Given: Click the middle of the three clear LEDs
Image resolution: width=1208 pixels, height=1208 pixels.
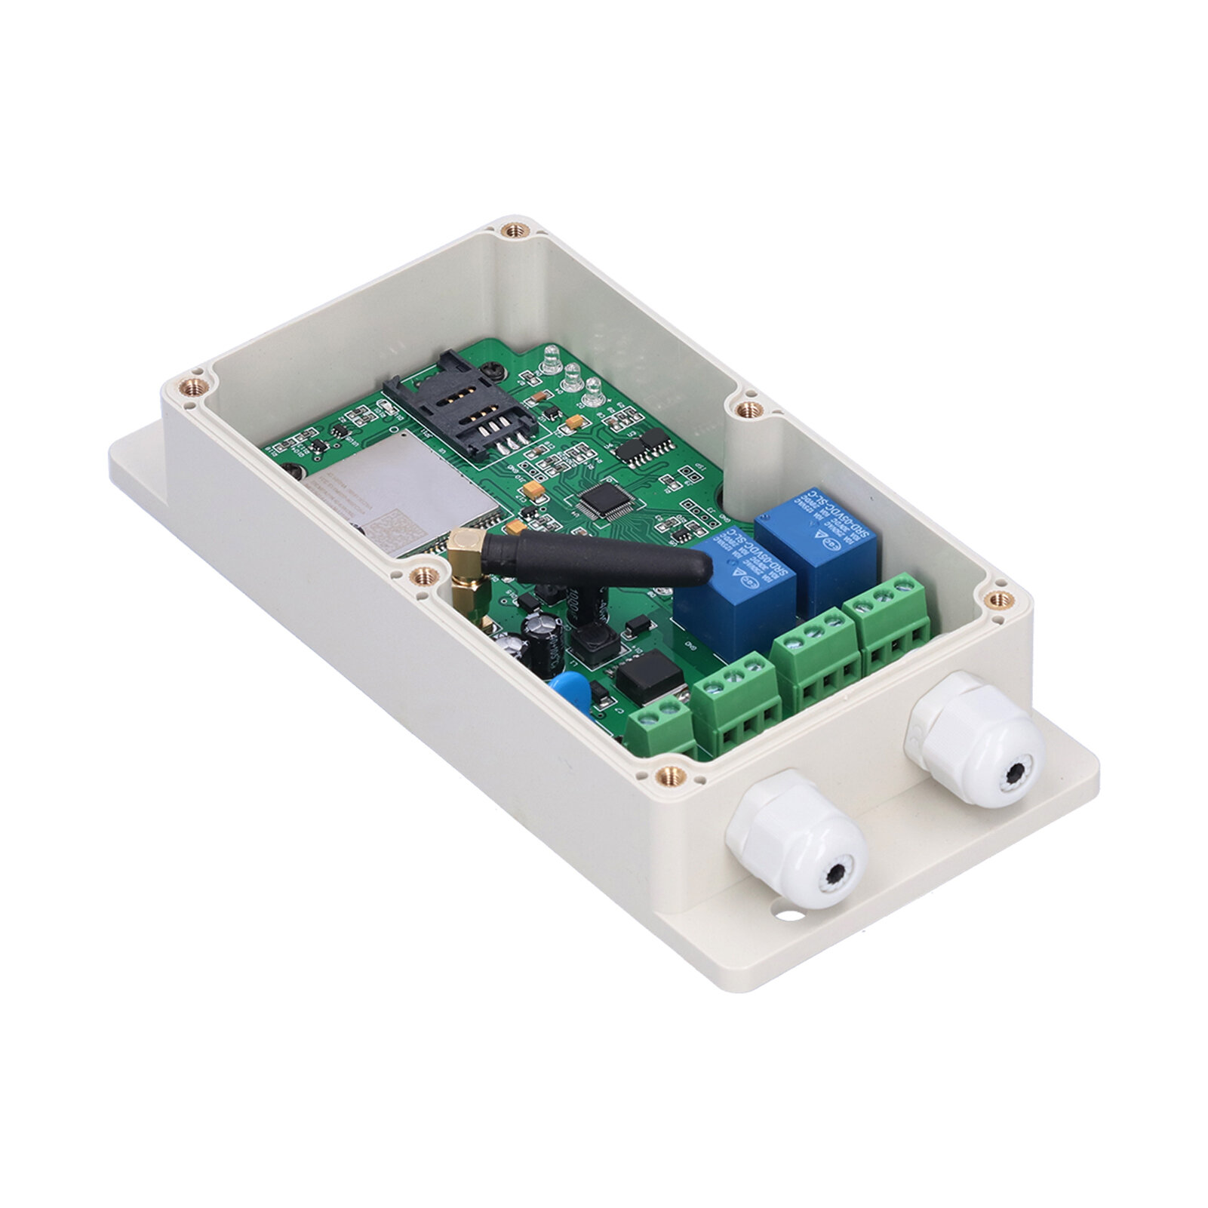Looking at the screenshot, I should pos(571,373).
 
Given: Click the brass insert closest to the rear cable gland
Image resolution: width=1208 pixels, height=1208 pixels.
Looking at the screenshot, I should pos(1000,600).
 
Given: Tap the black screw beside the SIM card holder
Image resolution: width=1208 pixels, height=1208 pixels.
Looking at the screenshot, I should pos(494,370).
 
